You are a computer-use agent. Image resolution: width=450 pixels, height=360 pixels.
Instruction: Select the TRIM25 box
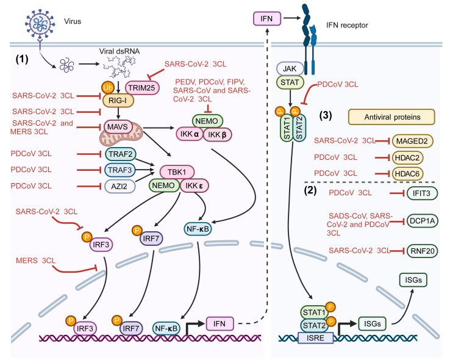[x=140, y=88]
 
